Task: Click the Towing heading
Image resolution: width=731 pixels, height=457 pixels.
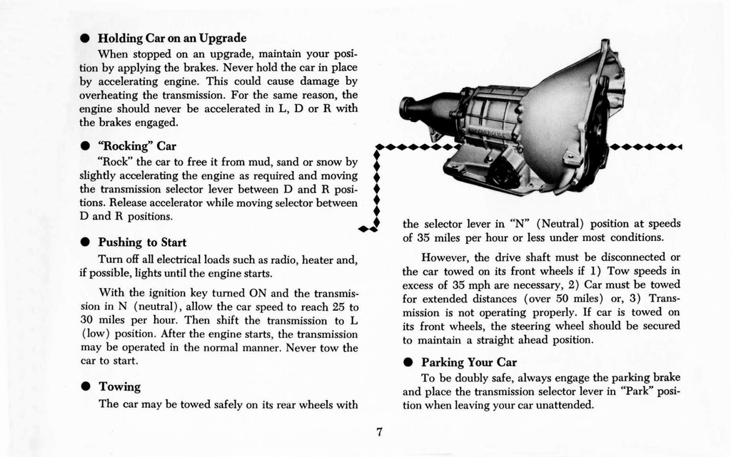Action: pos(119,386)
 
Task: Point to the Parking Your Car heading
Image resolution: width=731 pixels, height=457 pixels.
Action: pos(468,361)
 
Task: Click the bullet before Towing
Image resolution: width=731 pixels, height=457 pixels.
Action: pos(84,387)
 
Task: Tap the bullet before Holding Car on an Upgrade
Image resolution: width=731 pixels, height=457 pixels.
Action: pos(84,38)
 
